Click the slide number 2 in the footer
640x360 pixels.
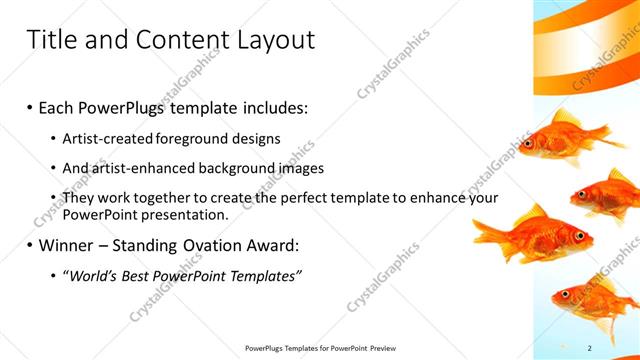589,347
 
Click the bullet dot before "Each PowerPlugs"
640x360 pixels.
31,106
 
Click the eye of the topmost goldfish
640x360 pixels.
528,143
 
